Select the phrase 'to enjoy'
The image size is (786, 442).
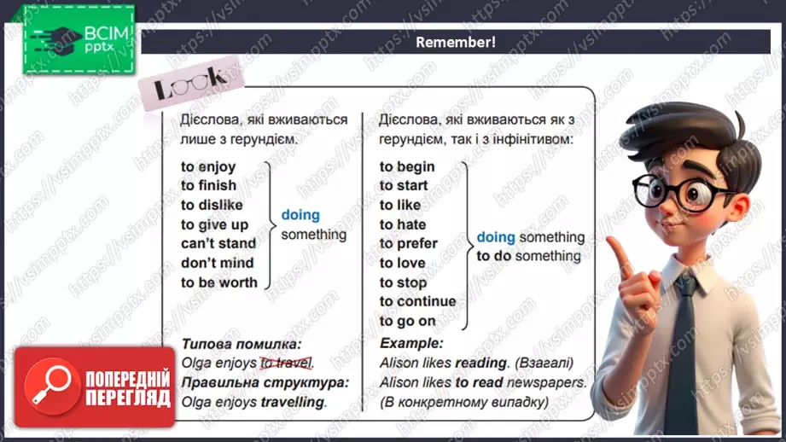tap(208, 166)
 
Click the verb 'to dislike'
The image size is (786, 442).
tap(212, 205)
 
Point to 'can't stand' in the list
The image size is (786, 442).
tap(218, 244)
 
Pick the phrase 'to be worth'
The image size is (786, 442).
tap(219, 282)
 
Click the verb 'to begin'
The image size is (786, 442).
tap(407, 166)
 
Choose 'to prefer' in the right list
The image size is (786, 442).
tap(408, 243)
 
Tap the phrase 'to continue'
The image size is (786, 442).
tap(418, 301)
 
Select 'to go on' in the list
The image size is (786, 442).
tap(408, 321)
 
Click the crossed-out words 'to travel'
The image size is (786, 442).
tap(287, 363)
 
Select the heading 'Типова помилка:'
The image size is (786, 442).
tap(242, 344)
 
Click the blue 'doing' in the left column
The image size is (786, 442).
tap(300, 215)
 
